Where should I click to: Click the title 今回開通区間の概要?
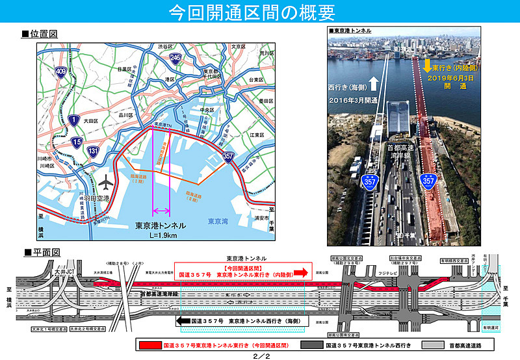(x=260, y=13)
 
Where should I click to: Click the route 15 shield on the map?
(x=77, y=142)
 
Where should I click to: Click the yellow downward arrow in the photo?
(x=427, y=66)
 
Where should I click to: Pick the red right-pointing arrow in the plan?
(x=301, y=273)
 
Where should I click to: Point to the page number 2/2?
(x=261, y=355)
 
